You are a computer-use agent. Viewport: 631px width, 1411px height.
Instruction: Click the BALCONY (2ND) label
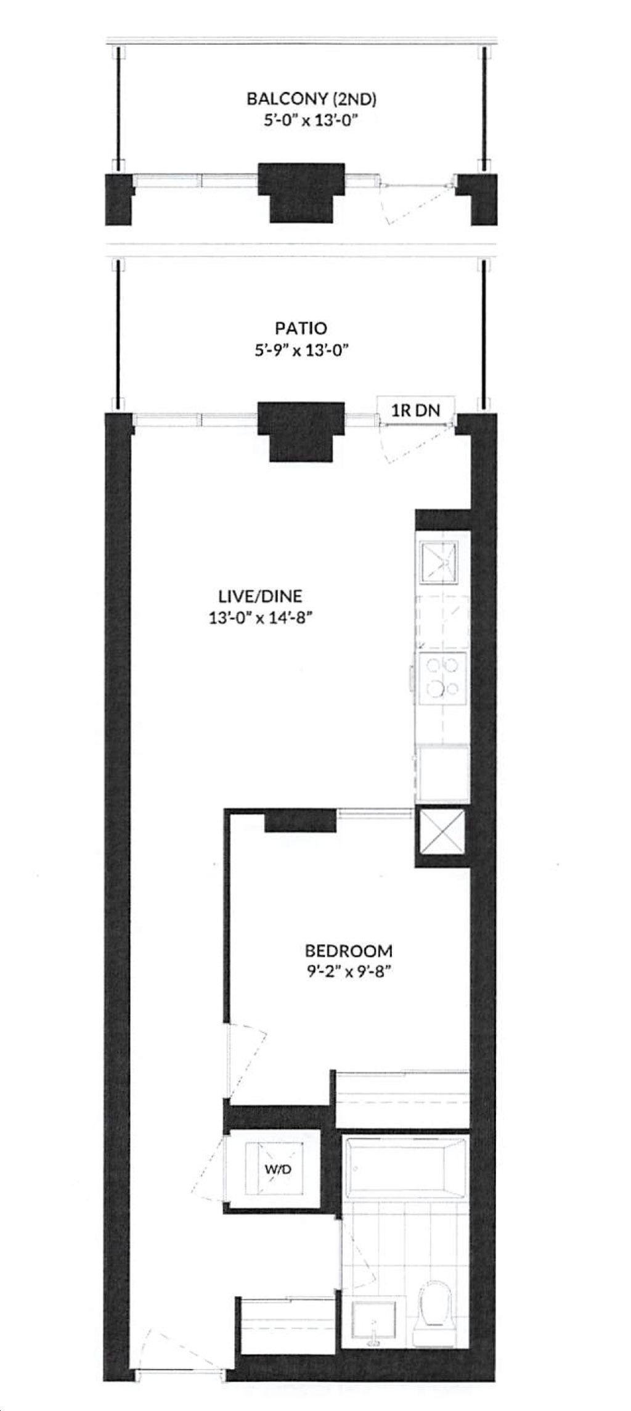(311, 99)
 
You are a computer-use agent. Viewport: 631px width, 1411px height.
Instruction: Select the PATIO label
(301, 328)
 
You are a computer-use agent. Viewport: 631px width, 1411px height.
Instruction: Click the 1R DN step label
(416, 409)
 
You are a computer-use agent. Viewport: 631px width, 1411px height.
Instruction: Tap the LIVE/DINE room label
(261, 596)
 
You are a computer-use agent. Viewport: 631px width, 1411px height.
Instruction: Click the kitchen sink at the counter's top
(439, 562)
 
